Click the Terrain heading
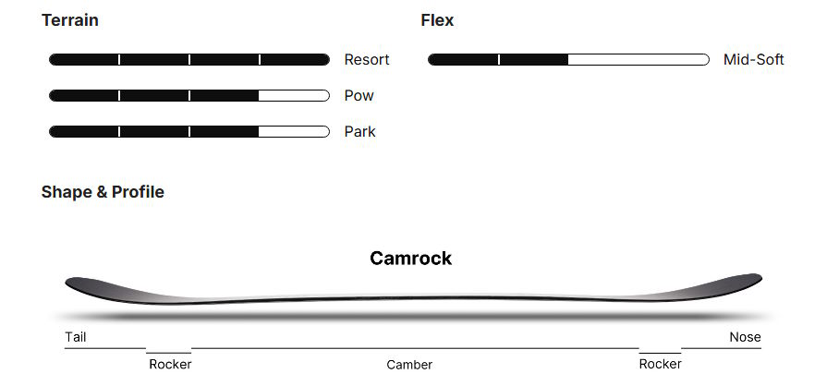[x=70, y=20]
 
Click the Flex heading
[x=437, y=20]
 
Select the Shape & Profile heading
[x=103, y=192]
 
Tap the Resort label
[x=367, y=60]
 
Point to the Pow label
[x=359, y=96]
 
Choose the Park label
[x=359, y=132]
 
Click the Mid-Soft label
[x=753, y=60]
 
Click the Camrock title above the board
[x=411, y=259]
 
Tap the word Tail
[x=76, y=337]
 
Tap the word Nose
[x=745, y=337]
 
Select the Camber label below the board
[x=409, y=365]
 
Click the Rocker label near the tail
[x=170, y=364]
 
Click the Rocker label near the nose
[x=660, y=364]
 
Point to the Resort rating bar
[x=189, y=60]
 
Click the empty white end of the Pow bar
[x=294, y=96]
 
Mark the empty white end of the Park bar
[x=294, y=132]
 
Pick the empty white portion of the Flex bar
[x=638, y=60]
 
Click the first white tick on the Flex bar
[x=499, y=60]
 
